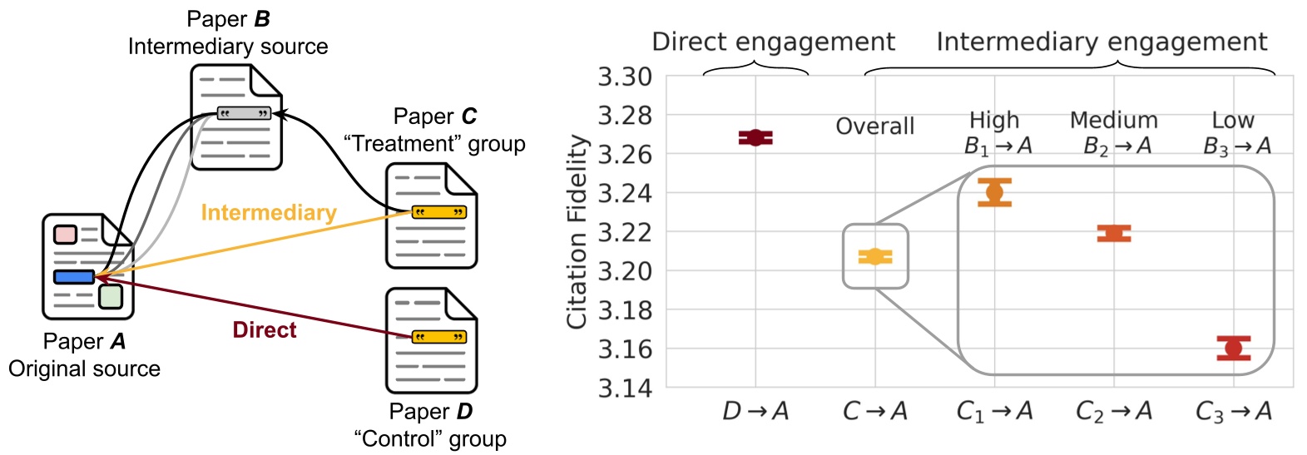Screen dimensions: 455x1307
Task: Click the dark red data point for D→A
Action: pyautogui.click(x=755, y=138)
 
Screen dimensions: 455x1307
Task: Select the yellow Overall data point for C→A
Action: pyautogui.click(x=875, y=257)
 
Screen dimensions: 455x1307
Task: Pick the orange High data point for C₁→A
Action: pyautogui.click(x=994, y=192)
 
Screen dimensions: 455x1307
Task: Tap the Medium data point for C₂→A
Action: pyautogui.click(x=1114, y=234)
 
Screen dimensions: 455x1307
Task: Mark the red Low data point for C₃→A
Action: pyautogui.click(x=1234, y=348)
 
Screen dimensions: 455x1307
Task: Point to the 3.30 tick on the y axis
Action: pyautogui.click(x=625, y=77)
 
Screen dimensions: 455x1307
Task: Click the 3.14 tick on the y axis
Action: pyautogui.click(x=625, y=388)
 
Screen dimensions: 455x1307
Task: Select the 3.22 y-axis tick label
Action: pyautogui.click(x=625, y=232)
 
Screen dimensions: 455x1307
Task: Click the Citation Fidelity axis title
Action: pyautogui.click(x=577, y=232)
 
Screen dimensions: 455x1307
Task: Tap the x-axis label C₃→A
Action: pyautogui.click(x=1234, y=412)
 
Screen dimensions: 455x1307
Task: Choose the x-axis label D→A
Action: pyautogui.click(x=755, y=411)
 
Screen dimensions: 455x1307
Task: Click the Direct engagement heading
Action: pyautogui.click(x=773, y=42)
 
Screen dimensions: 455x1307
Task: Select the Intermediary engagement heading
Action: pyautogui.click(x=1102, y=42)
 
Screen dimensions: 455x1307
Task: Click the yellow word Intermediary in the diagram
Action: pyautogui.click(x=268, y=213)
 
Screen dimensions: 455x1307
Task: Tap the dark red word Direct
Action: pyautogui.click(x=265, y=330)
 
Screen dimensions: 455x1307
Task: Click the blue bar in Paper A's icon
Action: pyautogui.click(x=74, y=277)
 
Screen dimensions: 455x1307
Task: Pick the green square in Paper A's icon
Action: pyautogui.click(x=110, y=296)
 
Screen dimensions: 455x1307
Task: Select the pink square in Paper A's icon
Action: pyautogui.click(x=65, y=234)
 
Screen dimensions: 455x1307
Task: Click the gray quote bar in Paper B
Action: pyautogui.click(x=244, y=113)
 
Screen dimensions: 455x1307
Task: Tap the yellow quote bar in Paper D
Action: pyautogui.click(x=439, y=337)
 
